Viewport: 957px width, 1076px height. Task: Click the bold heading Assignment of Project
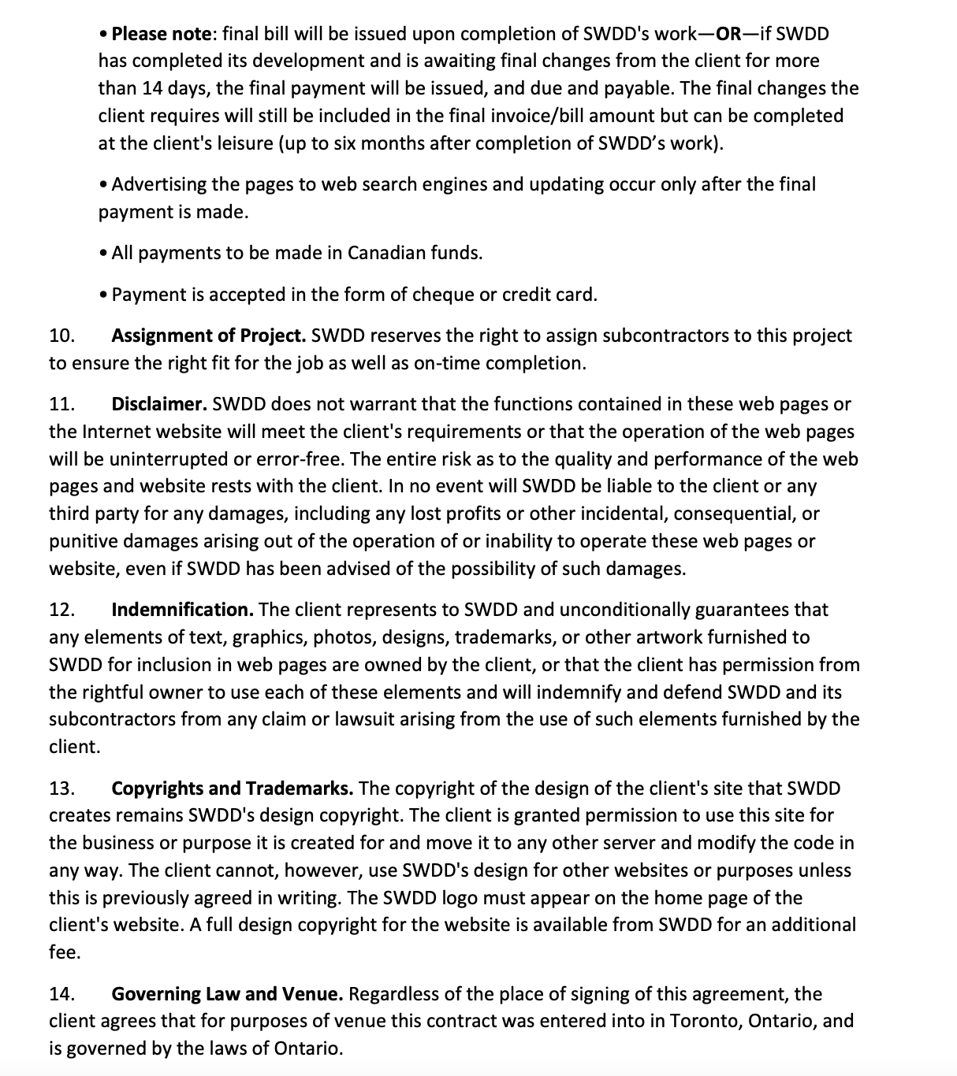click(208, 336)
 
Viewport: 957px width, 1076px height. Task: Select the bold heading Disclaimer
click(159, 404)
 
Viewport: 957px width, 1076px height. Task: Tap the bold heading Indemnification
click(182, 610)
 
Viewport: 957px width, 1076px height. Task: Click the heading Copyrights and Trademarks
click(232, 788)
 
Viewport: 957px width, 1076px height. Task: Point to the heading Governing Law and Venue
click(227, 994)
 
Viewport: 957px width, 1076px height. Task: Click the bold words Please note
click(162, 34)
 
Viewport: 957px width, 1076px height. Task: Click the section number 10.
click(61, 336)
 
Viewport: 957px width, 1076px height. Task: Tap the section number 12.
click(61, 610)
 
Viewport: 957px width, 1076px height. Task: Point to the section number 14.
click(61, 994)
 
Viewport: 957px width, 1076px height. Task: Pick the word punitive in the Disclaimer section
click(82, 541)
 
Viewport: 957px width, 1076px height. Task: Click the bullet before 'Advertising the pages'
click(105, 185)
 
